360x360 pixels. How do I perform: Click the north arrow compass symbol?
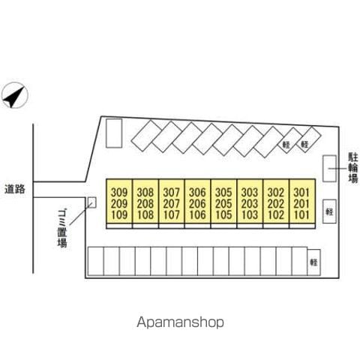[14, 95]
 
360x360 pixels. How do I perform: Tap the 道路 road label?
[15, 189]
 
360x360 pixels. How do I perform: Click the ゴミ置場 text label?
[62, 229]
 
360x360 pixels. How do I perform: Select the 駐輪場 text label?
[353, 168]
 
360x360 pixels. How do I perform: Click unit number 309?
[119, 193]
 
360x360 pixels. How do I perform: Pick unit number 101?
[301, 214]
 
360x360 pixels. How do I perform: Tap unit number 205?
[223, 204]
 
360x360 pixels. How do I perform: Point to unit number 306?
[197, 193]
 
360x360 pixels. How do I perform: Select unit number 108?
[145, 214]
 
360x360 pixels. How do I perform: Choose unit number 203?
[250, 204]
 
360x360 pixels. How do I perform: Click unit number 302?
[276, 193]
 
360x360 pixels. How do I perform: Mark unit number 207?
[172, 204]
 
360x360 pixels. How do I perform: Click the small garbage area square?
[91, 202]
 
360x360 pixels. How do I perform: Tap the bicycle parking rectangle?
[329, 168]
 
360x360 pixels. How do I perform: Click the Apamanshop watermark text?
[180, 322]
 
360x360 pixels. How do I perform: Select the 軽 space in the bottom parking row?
[313, 262]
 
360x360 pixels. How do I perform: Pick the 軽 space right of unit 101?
[329, 211]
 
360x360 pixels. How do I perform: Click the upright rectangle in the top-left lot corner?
[114, 133]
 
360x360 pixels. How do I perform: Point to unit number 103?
[250, 214]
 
